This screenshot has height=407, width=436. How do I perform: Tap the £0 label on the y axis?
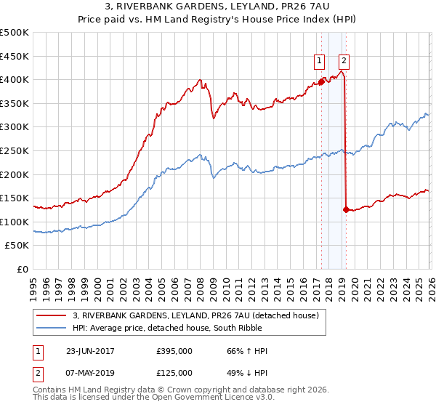(23, 269)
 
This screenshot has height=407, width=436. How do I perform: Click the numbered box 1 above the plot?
(320, 61)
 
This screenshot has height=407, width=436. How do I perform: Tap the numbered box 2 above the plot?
(344, 61)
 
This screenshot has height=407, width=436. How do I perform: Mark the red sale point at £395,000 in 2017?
(321, 82)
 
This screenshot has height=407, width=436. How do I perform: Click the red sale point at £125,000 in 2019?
(345, 210)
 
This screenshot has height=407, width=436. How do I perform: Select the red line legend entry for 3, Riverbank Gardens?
(199, 315)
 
